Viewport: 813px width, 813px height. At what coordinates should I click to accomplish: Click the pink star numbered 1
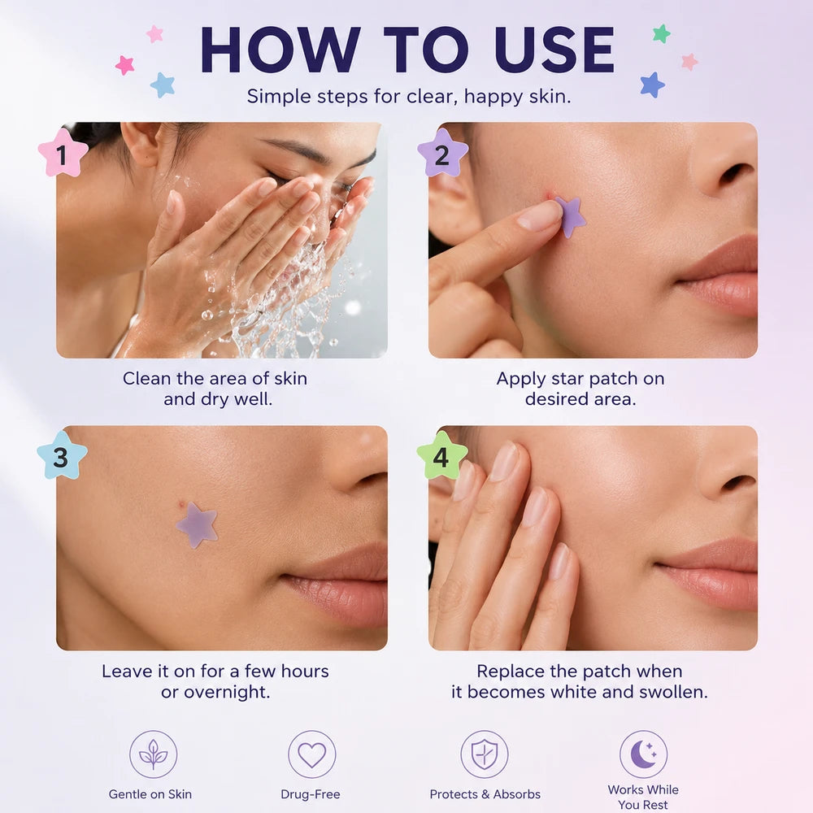[x=63, y=154]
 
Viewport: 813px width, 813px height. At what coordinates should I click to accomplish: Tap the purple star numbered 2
[x=442, y=154]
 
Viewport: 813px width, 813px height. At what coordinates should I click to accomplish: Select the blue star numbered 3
[x=62, y=456]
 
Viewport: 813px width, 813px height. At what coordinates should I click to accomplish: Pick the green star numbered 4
[x=441, y=456]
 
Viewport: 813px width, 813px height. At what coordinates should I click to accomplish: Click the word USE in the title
[x=554, y=50]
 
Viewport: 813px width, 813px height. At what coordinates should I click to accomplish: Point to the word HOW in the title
[x=280, y=50]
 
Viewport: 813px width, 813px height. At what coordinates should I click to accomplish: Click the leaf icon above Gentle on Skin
[x=153, y=754]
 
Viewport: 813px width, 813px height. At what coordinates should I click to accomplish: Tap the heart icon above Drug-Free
[x=311, y=754]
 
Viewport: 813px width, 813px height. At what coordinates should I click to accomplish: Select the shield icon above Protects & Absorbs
[x=485, y=754]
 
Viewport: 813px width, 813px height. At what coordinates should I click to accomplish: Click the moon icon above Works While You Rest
[x=643, y=754]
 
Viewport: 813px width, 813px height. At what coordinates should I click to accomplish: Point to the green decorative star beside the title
[x=661, y=33]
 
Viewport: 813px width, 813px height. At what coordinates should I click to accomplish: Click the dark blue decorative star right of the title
[x=652, y=85]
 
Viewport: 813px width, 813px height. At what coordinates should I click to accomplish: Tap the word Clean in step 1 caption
[x=146, y=379]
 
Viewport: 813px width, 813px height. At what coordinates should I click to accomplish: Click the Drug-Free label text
[x=310, y=793]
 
